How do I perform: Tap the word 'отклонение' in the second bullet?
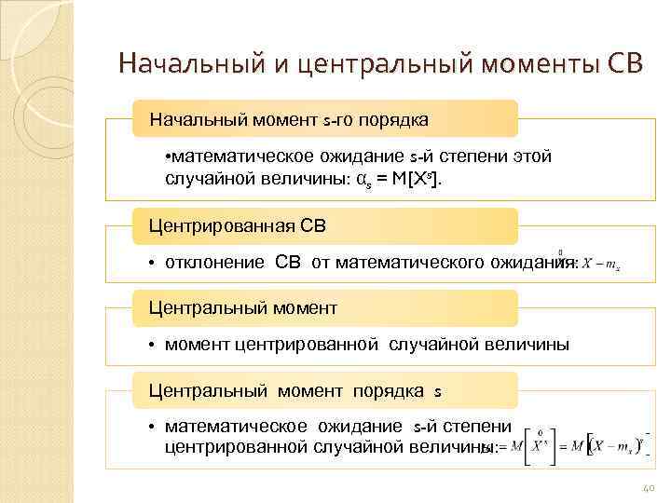[214, 262]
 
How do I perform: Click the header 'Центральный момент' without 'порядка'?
[244, 307]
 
